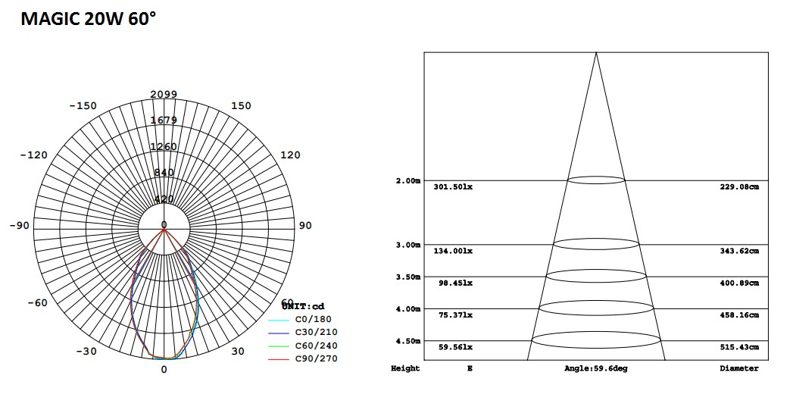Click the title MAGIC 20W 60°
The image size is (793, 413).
pyautogui.click(x=88, y=20)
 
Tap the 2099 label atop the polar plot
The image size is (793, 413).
pyautogui.click(x=164, y=94)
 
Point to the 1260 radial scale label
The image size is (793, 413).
pyautogui.click(x=164, y=146)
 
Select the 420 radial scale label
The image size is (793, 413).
pyautogui.click(x=164, y=199)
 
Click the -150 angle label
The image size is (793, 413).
pyautogui.click(x=83, y=105)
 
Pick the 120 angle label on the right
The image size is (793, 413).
pyautogui.click(x=290, y=155)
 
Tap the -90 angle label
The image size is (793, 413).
pyautogui.click(x=19, y=225)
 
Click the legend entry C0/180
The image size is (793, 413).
pyautogui.click(x=313, y=319)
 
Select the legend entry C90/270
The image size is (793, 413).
pyautogui.click(x=316, y=358)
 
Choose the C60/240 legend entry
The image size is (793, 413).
pyautogui.click(x=316, y=346)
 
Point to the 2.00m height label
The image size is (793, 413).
pyautogui.click(x=407, y=181)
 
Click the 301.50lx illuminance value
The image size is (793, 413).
pyautogui.click(x=453, y=186)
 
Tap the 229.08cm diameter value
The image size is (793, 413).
pyautogui.click(x=738, y=186)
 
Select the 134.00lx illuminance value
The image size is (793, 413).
pyautogui.click(x=453, y=251)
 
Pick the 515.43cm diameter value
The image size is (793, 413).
pyautogui.click(x=738, y=347)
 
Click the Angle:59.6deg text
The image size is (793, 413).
pyautogui.click(x=596, y=368)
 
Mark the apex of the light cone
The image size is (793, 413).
pyautogui.click(x=596, y=52)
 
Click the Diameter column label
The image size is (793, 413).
pyautogui.click(x=738, y=368)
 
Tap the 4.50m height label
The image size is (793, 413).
pyautogui.click(x=407, y=341)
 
